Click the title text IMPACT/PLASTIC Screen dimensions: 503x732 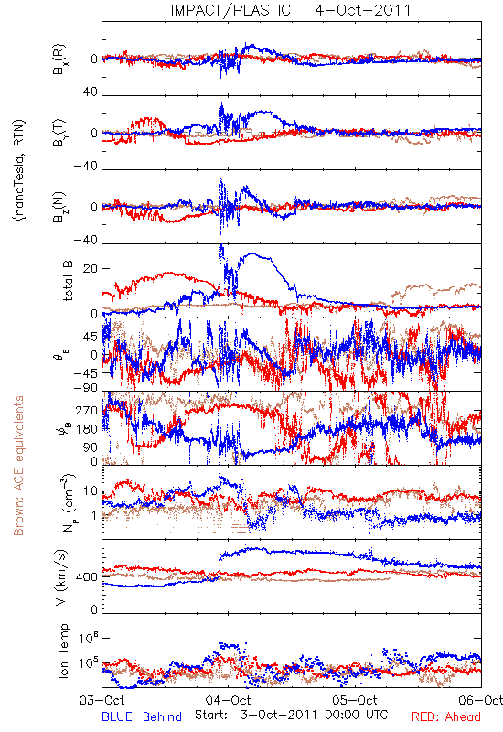tap(230, 10)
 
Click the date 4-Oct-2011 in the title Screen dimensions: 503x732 tap(363, 10)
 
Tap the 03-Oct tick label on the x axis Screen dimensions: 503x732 tap(102, 700)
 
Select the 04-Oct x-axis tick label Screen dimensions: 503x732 tap(228, 700)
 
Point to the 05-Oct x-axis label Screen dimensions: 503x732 tap(355, 700)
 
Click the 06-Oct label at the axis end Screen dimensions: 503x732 tap(481, 700)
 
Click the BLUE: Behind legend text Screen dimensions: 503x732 tap(142, 716)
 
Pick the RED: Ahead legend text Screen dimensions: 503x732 tap(445, 716)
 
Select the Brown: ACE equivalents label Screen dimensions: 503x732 tap(18, 466)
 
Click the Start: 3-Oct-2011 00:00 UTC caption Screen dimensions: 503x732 tap(292, 715)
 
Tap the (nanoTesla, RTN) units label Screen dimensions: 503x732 tap(19, 170)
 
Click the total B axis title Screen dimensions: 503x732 tap(68, 281)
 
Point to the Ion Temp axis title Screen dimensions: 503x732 tap(63, 651)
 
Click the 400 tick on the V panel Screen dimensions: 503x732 tap(87, 577)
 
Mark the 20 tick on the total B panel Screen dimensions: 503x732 tap(91, 269)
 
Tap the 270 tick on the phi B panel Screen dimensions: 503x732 tap(87, 410)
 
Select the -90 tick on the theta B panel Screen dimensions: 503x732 tap(86, 387)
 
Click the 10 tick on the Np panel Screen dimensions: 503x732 tap(91, 491)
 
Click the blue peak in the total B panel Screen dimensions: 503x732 tap(221, 246)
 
